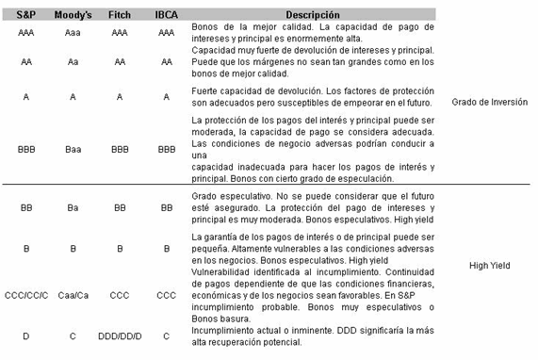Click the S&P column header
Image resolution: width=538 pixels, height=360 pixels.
point(25,15)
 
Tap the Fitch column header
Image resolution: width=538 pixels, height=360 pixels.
point(120,15)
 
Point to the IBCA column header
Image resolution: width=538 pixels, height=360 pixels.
point(167,15)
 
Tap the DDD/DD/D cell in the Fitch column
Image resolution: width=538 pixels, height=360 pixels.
point(120,335)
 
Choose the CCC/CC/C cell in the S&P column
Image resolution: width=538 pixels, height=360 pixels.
point(25,295)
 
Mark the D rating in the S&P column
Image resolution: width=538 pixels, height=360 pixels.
point(25,335)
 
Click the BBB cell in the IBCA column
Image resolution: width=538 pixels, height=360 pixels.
point(167,149)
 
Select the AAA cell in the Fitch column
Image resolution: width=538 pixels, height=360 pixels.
point(120,32)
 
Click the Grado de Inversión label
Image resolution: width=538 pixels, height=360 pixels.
point(490,102)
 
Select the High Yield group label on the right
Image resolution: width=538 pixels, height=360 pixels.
point(489,266)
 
